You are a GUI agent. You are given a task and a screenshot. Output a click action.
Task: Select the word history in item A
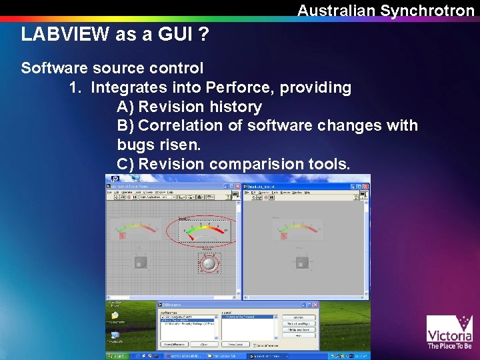tap(235, 107)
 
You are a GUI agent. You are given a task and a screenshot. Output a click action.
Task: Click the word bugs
tap(137, 144)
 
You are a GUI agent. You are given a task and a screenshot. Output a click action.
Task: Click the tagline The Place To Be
tap(449, 346)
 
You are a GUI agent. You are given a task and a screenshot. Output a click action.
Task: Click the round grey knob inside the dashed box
tap(209, 263)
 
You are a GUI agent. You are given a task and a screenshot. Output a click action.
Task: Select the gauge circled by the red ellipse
tap(201, 231)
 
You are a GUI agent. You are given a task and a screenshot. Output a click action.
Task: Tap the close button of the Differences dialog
tap(316, 303)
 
